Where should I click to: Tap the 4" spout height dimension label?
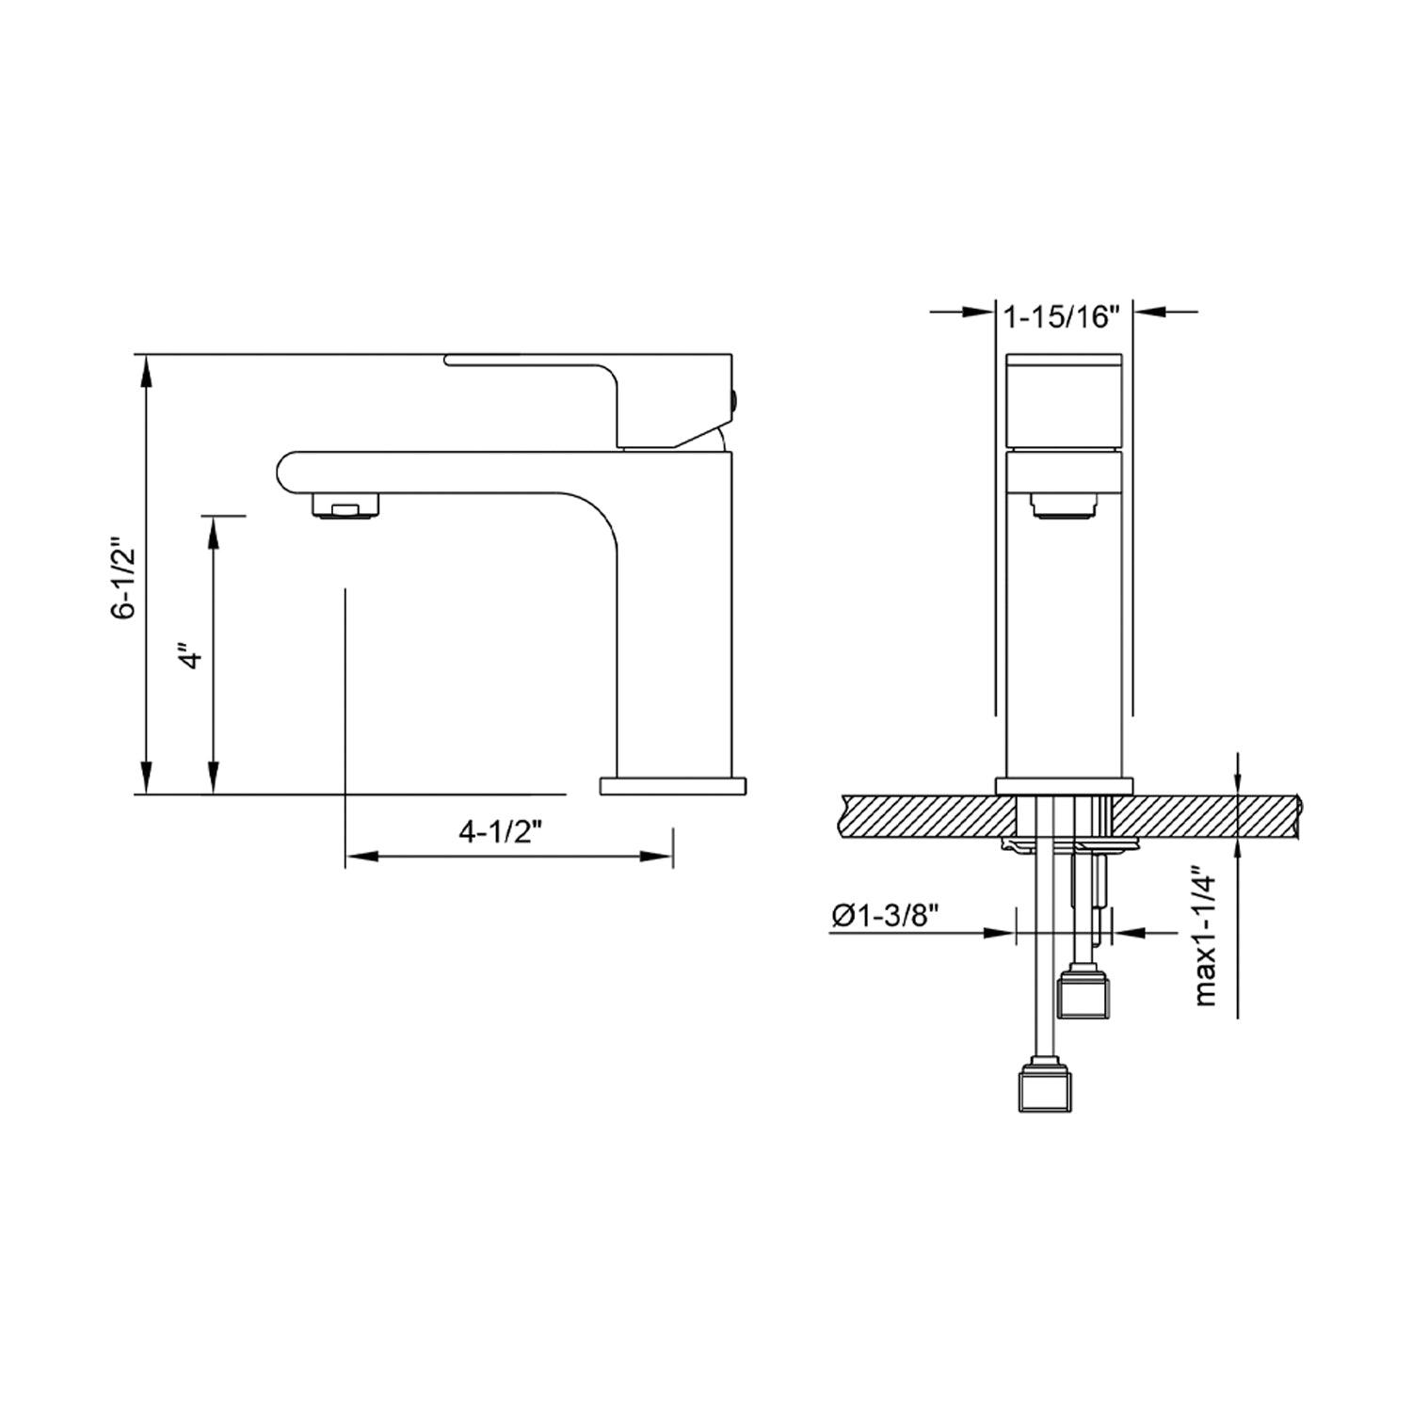click(192, 656)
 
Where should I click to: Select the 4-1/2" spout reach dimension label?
click(502, 831)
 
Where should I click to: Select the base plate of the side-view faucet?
click(672, 785)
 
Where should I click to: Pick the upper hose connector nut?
click(1085, 992)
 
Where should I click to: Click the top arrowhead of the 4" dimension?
click(215, 531)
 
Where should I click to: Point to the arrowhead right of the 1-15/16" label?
click(1147, 312)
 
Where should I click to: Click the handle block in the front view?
click(1064, 400)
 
